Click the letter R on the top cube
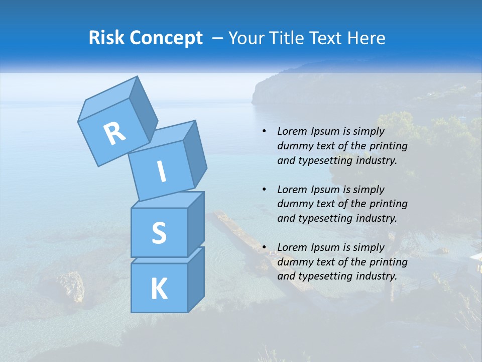[x=114, y=134]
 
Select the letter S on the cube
[x=159, y=232]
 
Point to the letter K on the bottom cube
[x=159, y=289]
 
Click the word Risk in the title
[x=106, y=38]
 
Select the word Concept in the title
[x=166, y=38]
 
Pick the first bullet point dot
[x=264, y=131]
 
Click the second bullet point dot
[x=264, y=190]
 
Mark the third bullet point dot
[x=264, y=247]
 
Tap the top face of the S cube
[x=168, y=200]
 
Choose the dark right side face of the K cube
[x=195, y=279]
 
